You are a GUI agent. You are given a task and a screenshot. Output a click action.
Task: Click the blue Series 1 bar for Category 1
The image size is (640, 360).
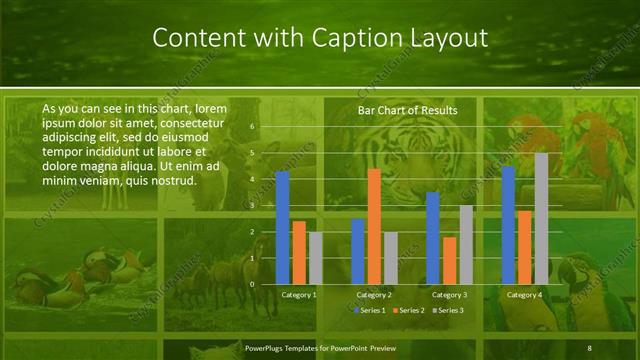[x=282, y=228]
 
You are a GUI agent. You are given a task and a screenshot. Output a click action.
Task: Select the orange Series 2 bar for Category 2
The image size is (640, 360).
[x=374, y=227]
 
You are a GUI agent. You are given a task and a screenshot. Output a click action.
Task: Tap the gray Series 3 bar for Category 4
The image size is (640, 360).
[x=541, y=218]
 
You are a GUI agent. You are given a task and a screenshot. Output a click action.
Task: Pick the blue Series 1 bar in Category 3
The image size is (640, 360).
[x=432, y=238]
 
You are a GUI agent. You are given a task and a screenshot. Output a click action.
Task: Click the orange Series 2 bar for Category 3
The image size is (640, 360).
[x=449, y=260]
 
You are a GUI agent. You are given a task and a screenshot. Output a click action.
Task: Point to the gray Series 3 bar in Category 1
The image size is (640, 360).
[x=315, y=258]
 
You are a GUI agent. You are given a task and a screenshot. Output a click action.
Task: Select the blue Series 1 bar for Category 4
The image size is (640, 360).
[x=508, y=225]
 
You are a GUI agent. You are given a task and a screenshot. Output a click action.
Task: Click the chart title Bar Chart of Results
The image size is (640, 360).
[x=407, y=110]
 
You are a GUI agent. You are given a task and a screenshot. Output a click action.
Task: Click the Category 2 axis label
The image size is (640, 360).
[x=374, y=295]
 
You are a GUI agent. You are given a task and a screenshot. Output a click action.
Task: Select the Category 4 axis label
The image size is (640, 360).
[x=524, y=295]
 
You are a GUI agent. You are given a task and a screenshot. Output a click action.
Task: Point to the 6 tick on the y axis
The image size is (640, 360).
[x=252, y=127]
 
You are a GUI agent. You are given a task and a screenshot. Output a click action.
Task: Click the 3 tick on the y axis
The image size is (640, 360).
[x=252, y=205]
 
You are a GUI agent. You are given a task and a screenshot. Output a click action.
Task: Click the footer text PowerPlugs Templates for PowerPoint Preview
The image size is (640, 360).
[x=315, y=347]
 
